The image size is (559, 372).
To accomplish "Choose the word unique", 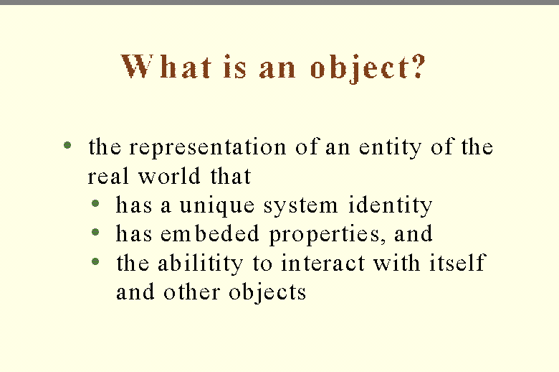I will click(217, 206).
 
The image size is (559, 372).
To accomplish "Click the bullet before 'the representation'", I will click(67, 146).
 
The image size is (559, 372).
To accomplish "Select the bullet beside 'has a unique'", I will click(95, 204).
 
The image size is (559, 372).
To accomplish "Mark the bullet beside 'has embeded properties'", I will click(95, 233).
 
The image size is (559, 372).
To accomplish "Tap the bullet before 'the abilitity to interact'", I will click(95, 261).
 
